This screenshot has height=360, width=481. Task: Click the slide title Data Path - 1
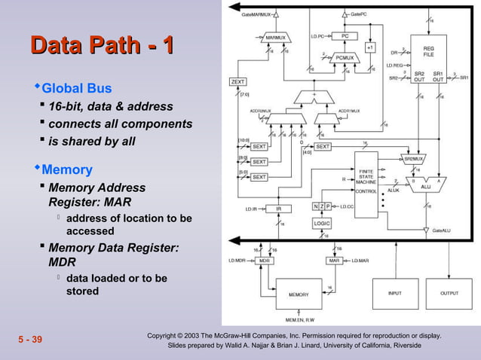tap(103, 45)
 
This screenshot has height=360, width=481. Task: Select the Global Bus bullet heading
tap(76, 88)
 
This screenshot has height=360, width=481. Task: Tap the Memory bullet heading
tap(66, 169)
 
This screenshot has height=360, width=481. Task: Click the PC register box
tap(344, 35)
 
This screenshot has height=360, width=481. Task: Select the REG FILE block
tap(427, 48)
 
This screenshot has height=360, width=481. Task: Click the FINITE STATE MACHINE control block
tap(365, 182)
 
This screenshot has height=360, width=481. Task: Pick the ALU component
tap(424, 185)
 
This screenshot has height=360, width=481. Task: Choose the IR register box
tap(277, 209)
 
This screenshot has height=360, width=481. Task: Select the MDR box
tap(264, 260)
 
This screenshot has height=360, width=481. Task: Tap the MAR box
tap(335, 260)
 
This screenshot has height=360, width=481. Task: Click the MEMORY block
tap(299, 294)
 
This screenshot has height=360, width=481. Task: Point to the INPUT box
tap(394, 293)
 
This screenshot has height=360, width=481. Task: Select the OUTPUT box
tap(449, 293)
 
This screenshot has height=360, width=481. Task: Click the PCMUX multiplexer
tap(344, 56)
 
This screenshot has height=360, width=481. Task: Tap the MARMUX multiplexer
tap(276, 36)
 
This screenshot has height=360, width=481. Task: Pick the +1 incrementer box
tap(369, 47)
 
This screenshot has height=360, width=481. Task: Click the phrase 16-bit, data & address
tap(111, 106)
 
